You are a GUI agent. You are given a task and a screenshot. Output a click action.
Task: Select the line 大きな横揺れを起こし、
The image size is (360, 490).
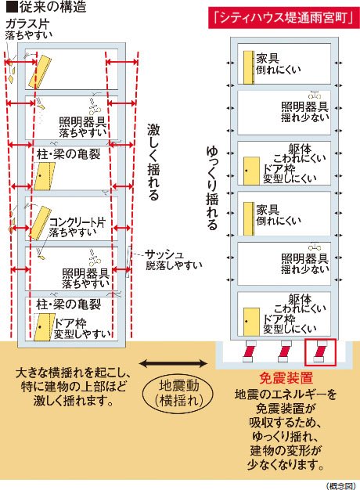pos(71,374)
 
